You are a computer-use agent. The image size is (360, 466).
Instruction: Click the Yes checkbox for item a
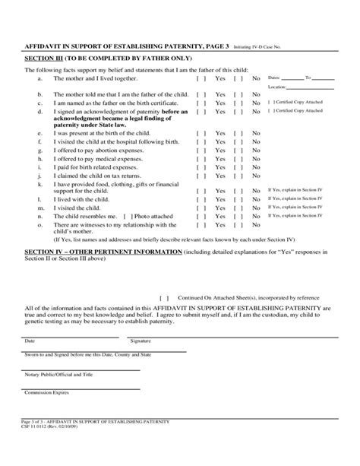pos(201,78)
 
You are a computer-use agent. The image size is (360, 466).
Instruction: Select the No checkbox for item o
pos(238,227)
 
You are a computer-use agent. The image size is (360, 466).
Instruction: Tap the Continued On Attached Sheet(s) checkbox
pos(163,298)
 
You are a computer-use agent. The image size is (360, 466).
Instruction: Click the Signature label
pos(141,341)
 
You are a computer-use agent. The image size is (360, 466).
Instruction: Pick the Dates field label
pos(276,78)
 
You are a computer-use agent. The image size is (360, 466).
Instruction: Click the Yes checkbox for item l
pos(201,198)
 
